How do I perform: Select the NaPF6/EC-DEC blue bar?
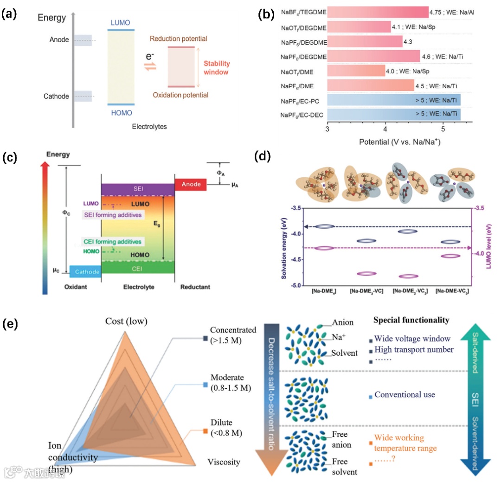pyautogui.click(x=394, y=114)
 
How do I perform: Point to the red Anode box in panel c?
pyautogui.click(x=191, y=184)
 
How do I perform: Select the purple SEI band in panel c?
pyautogui.click(x=138, y=189)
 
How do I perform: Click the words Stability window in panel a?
pyautogui.click(x=217, y=68)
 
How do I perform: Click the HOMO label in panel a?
pyautogui.click(x=122, y=113)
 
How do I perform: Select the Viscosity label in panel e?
pyautogui.click(x=224, y=462)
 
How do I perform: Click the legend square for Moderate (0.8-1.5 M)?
pyautogui.click(x=206, y=385)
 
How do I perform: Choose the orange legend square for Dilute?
pyautogui.click(x=206, y=431)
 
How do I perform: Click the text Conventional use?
pyautogui.click(x=405, y=395)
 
